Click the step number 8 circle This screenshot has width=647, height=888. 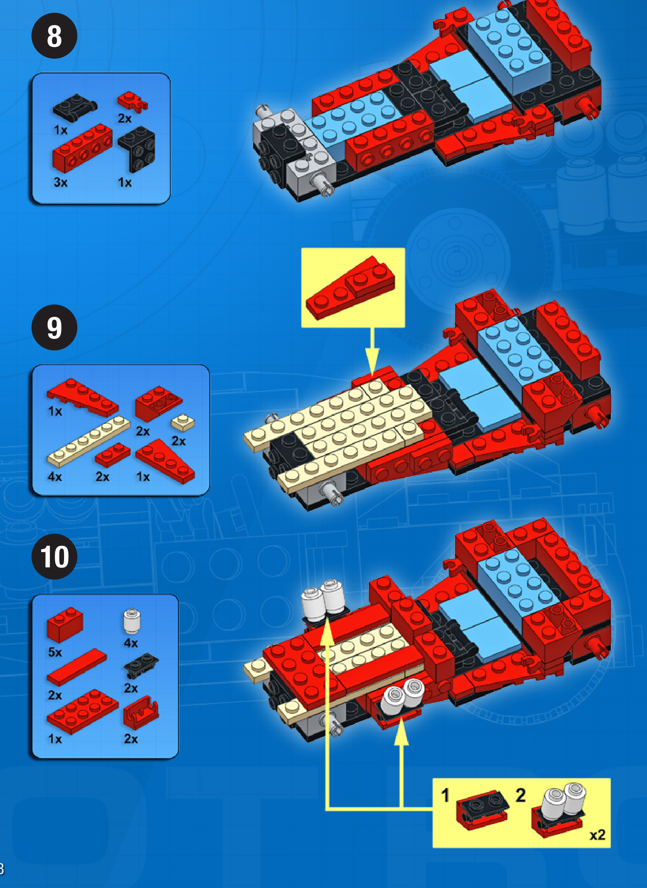(x=54, y=36)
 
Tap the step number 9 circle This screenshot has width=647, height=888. (x=54, y=327)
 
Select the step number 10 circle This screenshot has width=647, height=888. (x=54, y=557)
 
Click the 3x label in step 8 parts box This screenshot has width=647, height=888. (x=60, y=182)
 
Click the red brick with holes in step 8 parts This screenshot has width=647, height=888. (x=82, y=147)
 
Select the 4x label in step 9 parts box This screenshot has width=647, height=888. (x=55, y=476)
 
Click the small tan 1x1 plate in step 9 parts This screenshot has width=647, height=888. (x=183, y=422)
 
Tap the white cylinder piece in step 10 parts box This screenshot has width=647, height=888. (x=132, y=621)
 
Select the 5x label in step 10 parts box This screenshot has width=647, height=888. (x=55, y=652)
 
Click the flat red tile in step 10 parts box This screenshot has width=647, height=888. (x=76, y=667)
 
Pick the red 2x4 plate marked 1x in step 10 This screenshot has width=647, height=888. (x=82, y=711)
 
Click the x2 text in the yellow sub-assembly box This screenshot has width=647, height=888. (x=597, y=835)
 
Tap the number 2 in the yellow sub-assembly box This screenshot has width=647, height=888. (x=520, y=795)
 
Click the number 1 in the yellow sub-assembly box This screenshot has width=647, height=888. (x=445, y=795)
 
